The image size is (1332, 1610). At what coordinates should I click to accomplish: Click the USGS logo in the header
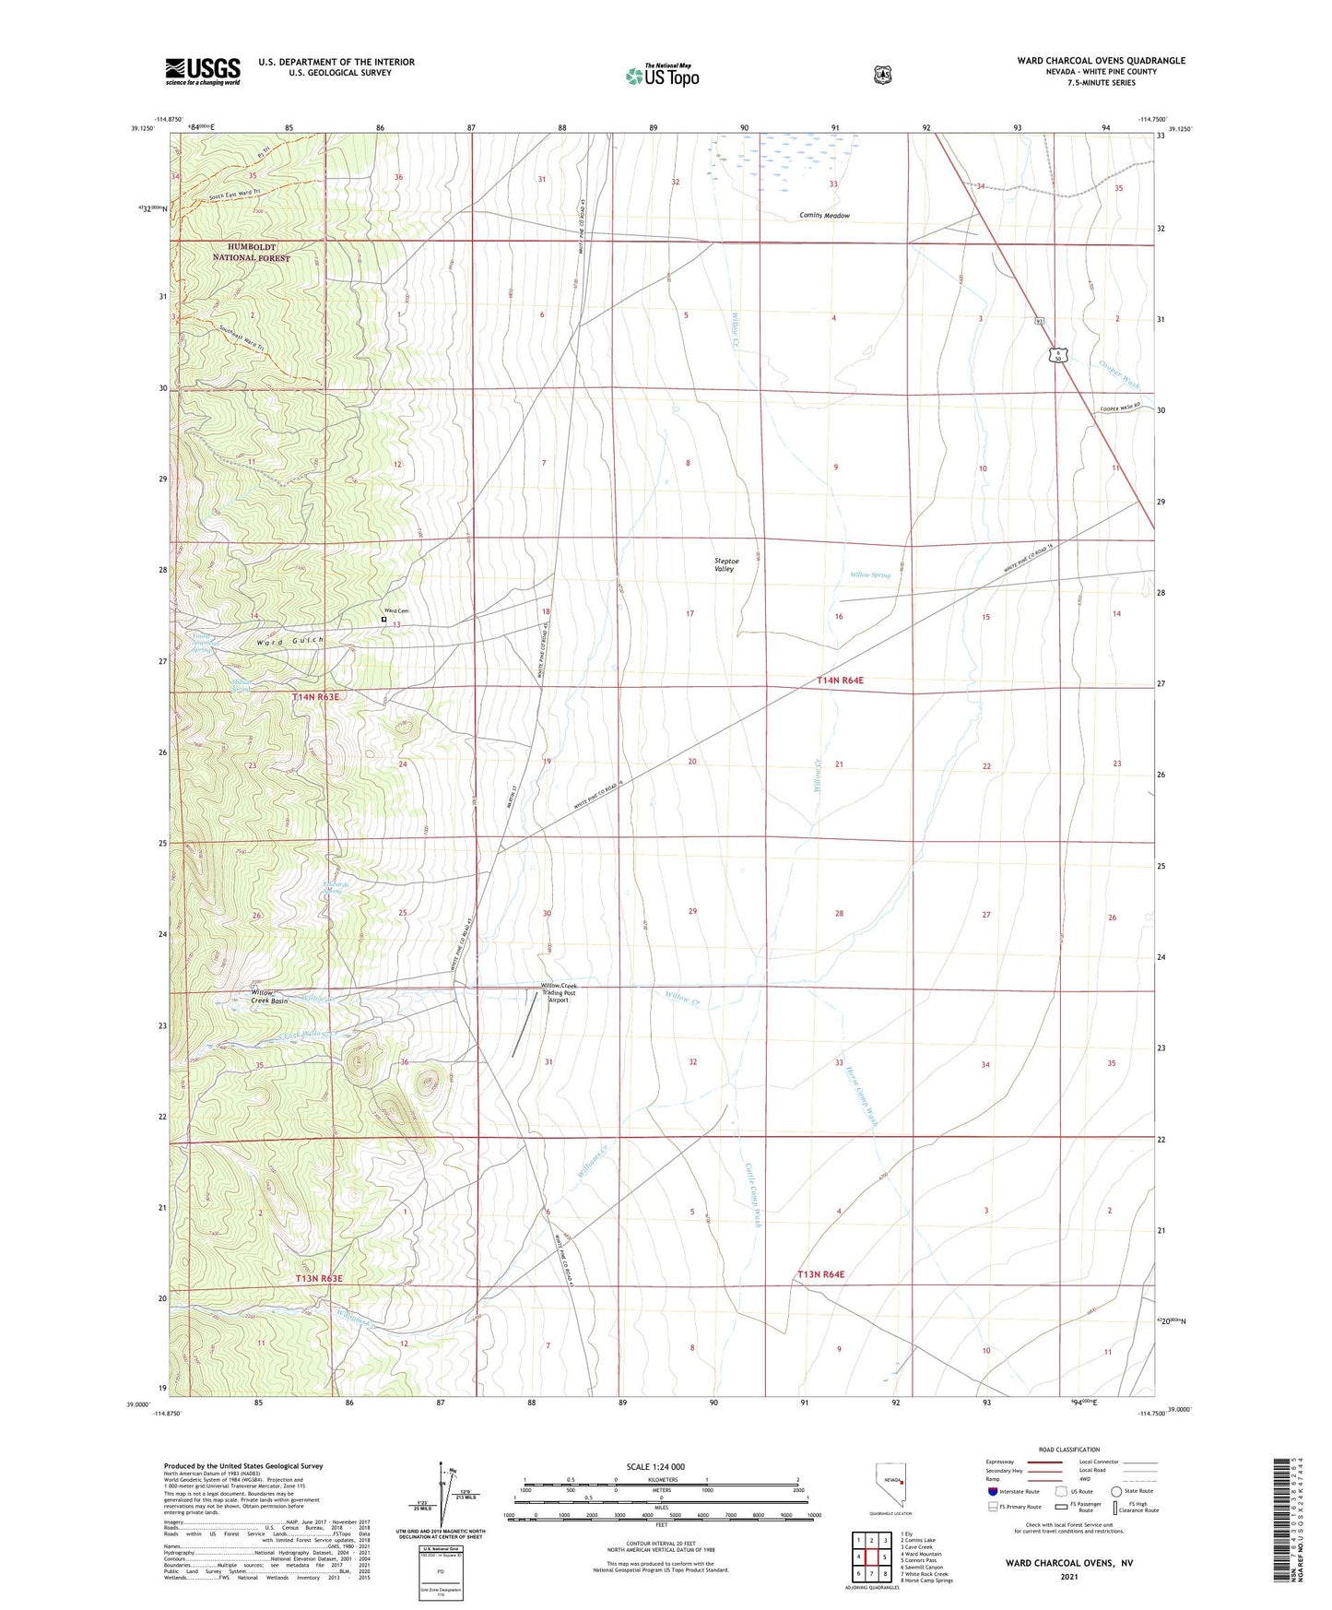point(203,71)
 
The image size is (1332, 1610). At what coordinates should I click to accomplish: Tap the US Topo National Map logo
point(662,75)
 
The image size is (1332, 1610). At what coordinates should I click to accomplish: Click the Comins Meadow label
point(824,216)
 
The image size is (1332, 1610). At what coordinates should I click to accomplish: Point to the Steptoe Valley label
point(725,564)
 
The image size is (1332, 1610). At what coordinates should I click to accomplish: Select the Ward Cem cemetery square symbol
point(384,620)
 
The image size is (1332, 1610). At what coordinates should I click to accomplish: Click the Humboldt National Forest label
point(251,253)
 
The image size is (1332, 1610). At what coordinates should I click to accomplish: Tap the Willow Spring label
point(869,575)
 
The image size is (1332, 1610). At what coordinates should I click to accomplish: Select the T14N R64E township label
point(841,681)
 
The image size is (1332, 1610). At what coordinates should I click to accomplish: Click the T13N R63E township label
point(319,1279)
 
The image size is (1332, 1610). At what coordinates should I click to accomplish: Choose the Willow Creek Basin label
point(269,997)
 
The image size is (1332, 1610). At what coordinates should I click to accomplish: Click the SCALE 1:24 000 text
point(655,1467)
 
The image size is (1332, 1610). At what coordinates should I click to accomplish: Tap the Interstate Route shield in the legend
point(992,1491)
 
